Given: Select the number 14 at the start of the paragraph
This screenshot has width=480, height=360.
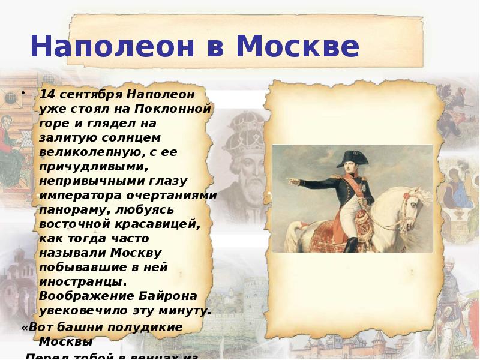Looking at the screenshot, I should (46, 95).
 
